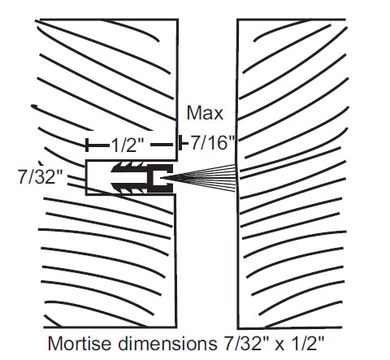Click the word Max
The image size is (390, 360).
[x=205, y=113]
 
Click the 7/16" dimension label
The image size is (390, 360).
[x=212, y=143]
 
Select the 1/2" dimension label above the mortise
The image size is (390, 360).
[x=127, y=145]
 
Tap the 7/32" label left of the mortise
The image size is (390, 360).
[x=40, y=177]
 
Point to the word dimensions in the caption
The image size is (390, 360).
[x=167, y=343]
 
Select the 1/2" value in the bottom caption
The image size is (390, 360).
[x=308, y=343]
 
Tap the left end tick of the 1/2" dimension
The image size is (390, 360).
[x=87, y=145]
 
